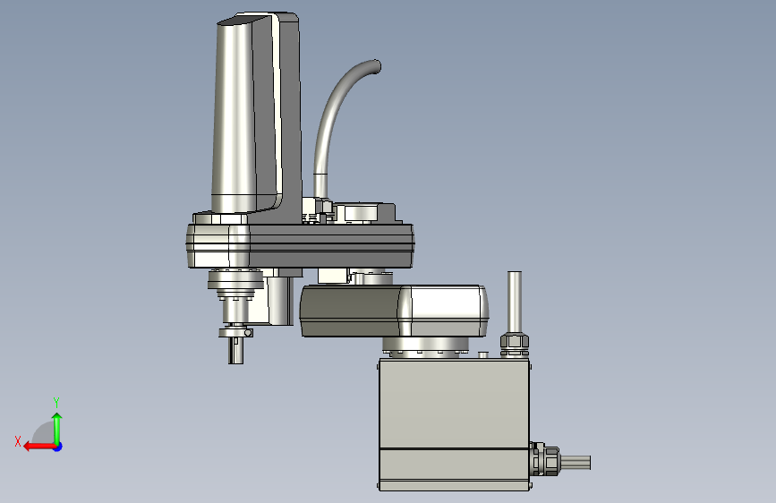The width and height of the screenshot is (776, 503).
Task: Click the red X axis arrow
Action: pos(39,447)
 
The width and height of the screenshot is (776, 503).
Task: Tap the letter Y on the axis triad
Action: pos(56,402)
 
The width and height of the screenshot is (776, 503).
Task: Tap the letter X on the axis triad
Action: pos(18,441)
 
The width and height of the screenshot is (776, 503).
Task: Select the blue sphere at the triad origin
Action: pos(58,447)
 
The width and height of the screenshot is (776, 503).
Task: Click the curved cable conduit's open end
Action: pos(377,66)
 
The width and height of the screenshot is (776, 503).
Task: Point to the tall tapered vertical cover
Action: pos(235,114)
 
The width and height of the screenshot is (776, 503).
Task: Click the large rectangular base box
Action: pos(455,424)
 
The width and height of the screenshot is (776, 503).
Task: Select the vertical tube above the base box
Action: pos(515,303)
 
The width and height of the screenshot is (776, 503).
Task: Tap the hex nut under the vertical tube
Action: pos(515,342)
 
